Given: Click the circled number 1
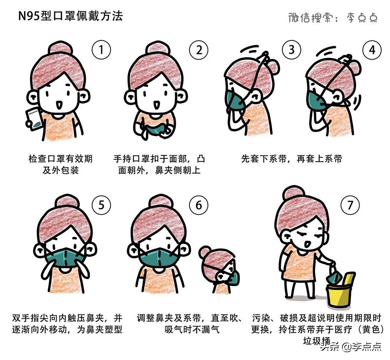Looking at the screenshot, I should [x=101, y=50].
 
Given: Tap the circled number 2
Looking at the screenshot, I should [x=199, y=50].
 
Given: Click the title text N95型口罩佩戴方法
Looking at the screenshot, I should [x=71, y=16].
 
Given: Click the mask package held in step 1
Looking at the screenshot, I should [x=34, y=118].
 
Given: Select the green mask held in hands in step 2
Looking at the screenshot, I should [x=153, y=129].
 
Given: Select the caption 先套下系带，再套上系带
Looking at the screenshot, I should [x=291, y=159].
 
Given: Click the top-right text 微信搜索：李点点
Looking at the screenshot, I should [x=333, y=17].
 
